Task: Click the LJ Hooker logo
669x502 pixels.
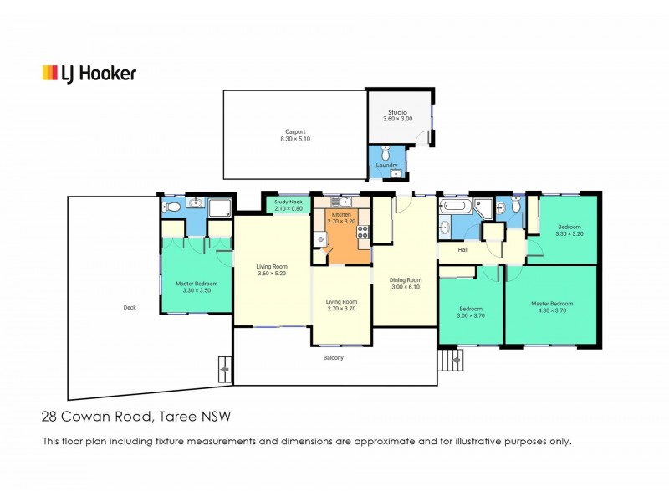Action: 89,74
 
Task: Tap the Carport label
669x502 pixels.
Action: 294,131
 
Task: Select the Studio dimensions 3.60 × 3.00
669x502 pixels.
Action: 399,119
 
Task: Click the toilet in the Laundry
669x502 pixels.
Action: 385,154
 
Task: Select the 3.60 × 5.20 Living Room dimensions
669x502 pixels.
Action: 272,274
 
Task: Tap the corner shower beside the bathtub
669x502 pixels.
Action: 483,207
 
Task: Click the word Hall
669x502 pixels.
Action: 462,249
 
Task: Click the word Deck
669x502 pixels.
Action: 130,307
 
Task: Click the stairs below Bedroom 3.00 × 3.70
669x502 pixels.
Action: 450,360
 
